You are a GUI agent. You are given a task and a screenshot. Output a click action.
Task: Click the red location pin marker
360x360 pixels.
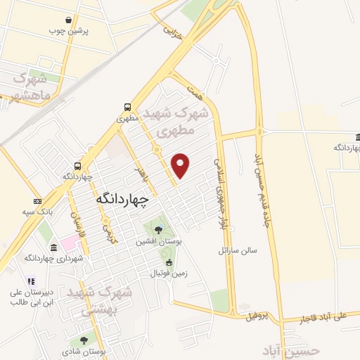181,165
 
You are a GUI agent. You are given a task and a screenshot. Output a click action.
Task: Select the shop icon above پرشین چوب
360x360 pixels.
67,20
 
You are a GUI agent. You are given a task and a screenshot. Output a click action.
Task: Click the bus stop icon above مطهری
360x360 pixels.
127,107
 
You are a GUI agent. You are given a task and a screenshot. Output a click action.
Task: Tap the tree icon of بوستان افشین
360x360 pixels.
158,229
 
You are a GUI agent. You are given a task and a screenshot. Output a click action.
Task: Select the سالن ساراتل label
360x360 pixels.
238,250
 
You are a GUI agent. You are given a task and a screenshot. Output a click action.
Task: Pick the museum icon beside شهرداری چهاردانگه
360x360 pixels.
54,247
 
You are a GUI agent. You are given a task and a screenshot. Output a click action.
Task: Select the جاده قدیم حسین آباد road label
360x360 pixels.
257,148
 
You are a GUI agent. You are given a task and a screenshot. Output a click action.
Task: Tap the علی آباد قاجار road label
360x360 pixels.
322,316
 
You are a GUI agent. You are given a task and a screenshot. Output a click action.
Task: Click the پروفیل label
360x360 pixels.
258,316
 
